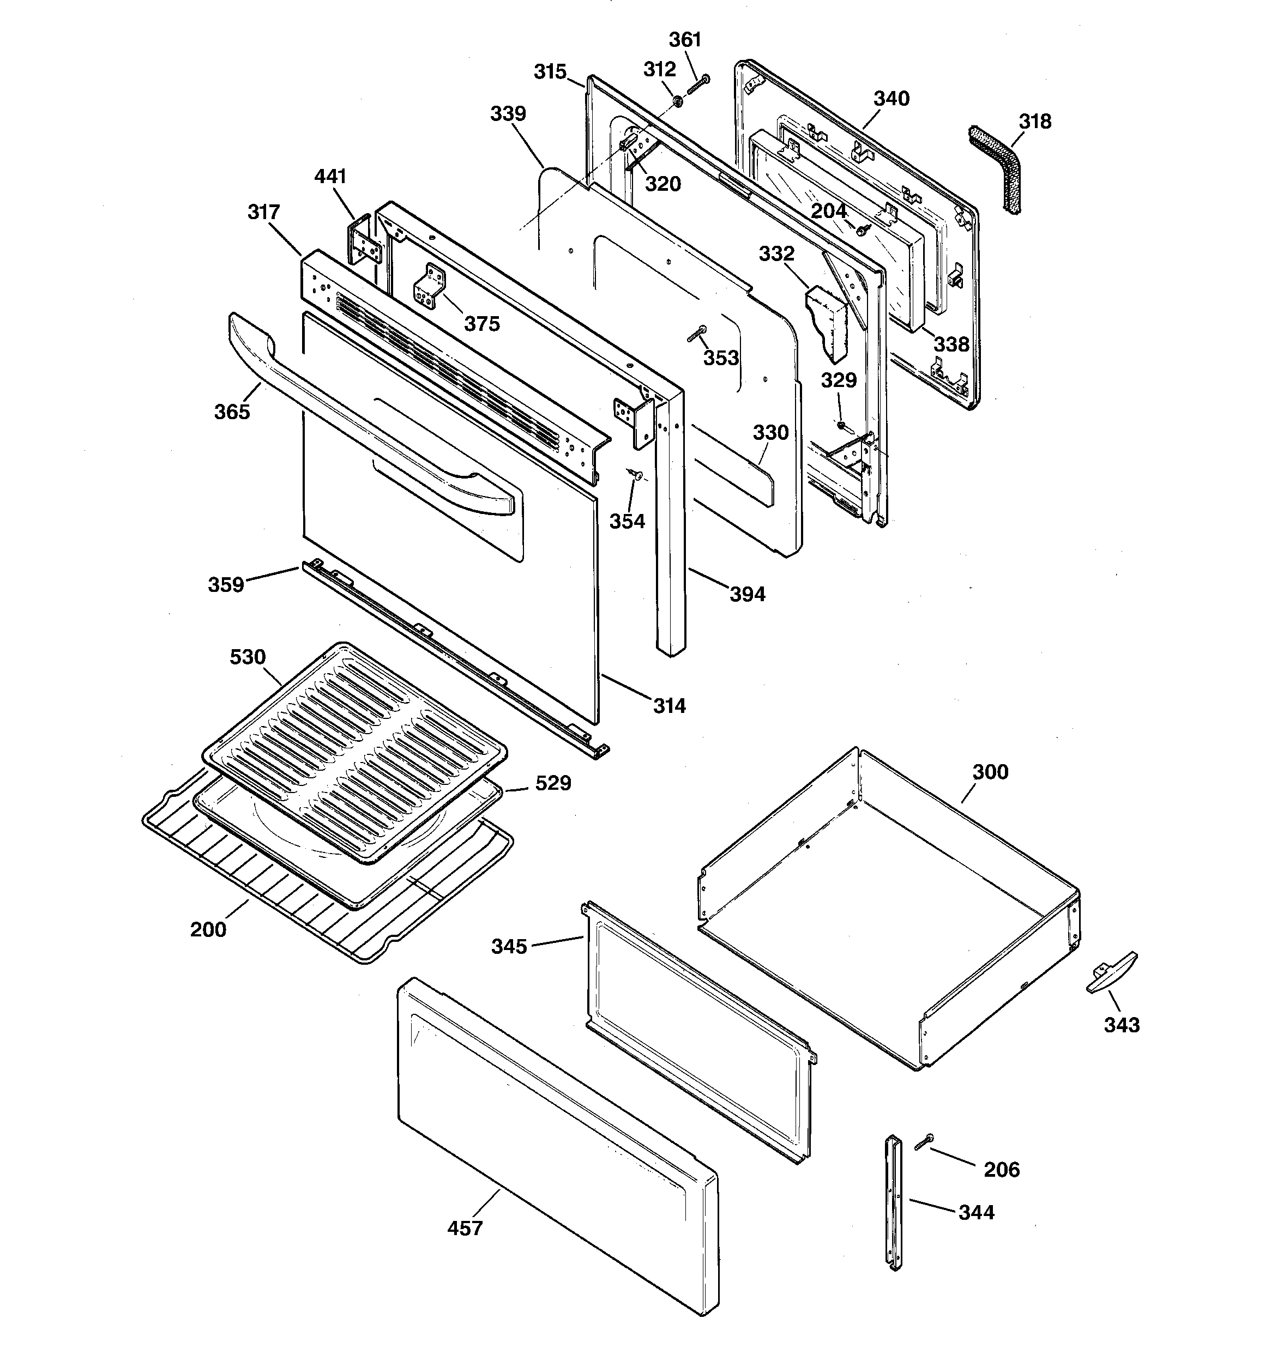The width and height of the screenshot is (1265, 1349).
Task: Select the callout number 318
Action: (1035, 122)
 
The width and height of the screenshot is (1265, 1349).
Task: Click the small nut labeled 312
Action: (678, 101)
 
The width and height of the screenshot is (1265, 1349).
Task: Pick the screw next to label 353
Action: (696, 332)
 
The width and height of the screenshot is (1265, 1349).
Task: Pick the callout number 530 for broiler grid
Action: (248, 657)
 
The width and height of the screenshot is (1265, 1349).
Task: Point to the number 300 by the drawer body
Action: (990, 772)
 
